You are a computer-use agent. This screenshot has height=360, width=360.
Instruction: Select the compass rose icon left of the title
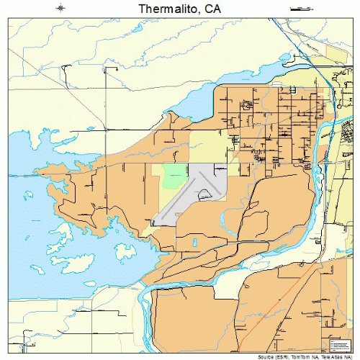(x=61, y=9)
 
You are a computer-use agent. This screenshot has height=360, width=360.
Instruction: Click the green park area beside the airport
(x=174, y=175)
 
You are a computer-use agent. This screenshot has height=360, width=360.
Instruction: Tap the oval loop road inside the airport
(x=207, y=192)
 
